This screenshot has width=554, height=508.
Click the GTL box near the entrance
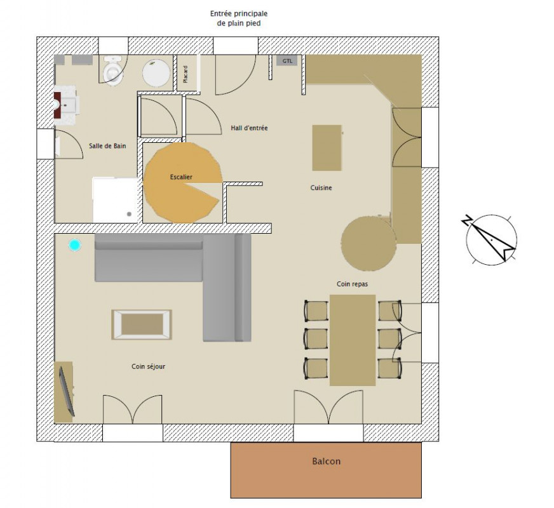[x=287, y=61]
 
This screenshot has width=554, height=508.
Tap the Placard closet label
[x=186, y=74]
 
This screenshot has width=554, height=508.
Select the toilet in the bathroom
[x=112, y=70]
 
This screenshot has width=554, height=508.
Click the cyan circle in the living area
[x=74, y=245]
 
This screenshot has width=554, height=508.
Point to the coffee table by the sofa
[x=142, y=324]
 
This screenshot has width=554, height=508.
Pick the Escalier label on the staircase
[x=181, y=177]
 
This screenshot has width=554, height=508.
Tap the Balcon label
[x=326, y=461]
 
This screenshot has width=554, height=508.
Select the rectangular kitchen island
[x=327, y=147]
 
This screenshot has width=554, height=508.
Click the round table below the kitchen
[x=368, y=244]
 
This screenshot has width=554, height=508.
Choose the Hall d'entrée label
[x=249, y=128]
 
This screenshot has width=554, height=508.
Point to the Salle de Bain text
[x=107, y=146]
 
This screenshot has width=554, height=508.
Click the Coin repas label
[x=352, y=284]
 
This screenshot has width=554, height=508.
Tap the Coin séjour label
[x=149, y=366]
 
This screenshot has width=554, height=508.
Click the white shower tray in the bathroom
[x=115, y=200]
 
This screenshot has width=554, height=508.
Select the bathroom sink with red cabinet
[x=65, y=105]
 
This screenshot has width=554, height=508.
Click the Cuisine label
[x=321, y=188]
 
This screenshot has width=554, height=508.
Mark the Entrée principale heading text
[x=239, y=14]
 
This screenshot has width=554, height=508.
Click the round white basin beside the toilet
[x=156, y=73]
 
